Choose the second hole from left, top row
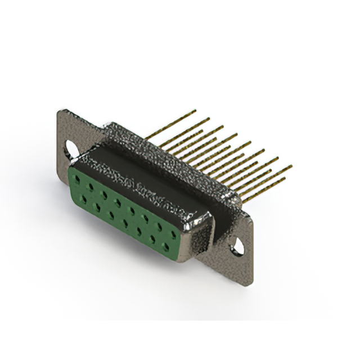tap(91, 187)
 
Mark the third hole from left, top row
tap(104, 192)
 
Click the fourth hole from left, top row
tap(118, 198)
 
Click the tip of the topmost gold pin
tap(195, 110)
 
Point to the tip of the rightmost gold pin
tap(291, 166)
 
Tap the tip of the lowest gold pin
tap(284, 179)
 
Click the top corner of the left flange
tap(60, 111)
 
